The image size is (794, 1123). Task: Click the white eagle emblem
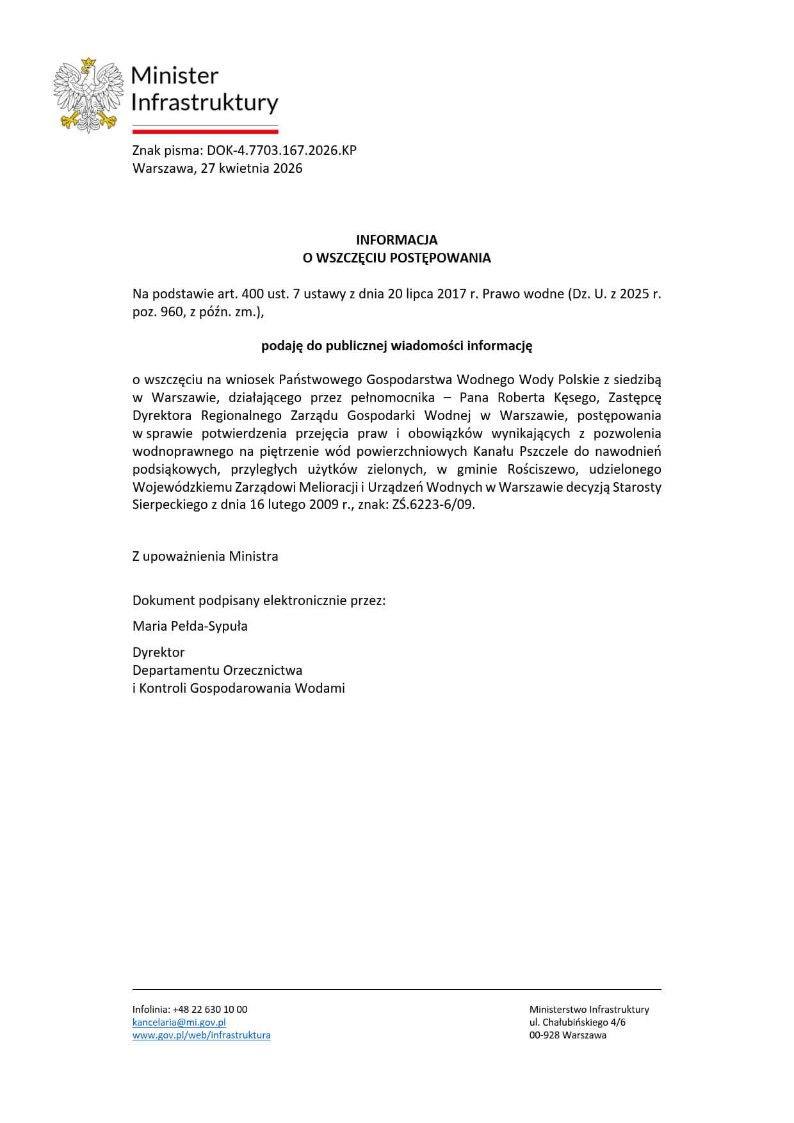click(x=88, y=96)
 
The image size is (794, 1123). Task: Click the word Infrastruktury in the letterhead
click(x=205, y=102)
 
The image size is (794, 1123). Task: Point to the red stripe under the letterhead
click(x=205, y=131)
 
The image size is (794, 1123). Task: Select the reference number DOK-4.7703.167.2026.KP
click(x=281, y=150)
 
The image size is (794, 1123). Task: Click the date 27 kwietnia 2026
click(x=251, y=168)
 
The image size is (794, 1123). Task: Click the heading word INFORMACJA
click(x=396, y=240)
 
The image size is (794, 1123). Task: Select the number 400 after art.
click(x=252, y=294)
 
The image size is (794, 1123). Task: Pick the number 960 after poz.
click(x=172, y=312)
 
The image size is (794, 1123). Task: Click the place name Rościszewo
click(x=541, y=469)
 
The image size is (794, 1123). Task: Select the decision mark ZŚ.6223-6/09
click(x=433, y=505)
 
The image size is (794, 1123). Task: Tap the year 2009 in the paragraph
click(x=323, y=505)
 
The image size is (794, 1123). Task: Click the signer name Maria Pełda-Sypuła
click(x=190, y=626)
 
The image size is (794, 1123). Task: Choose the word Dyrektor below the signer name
click(x=158, y=652)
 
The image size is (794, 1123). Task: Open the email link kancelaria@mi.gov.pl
click(x=179, y=1022)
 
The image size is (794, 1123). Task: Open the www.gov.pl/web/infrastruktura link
click(x=201, y=1035)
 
